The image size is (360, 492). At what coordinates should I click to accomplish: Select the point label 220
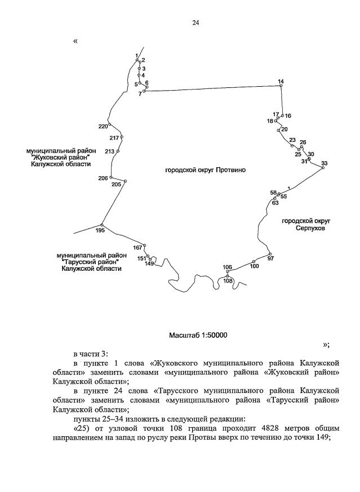click(x=103, y=126)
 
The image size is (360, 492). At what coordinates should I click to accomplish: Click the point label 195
click(x=100, y=230)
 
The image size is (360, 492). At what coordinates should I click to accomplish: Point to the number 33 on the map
click(x=324, y=163)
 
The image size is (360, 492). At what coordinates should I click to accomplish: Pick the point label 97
click(x=270, y=258)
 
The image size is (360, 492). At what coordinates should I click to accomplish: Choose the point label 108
click(x=228, y=280)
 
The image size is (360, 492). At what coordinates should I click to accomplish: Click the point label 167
click(x=137, y=248)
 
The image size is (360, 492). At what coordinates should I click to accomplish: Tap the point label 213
click(x=109, y=151)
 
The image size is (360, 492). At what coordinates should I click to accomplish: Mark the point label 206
click(x=103, y=178)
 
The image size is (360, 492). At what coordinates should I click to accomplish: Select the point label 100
click(x=254, y=266)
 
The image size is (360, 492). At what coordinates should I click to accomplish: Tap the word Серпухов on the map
click(x=306, y=230)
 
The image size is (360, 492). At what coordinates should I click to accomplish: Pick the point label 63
click(x=275, y=203)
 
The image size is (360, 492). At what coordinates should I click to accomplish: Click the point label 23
click(x=292, y=140)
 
